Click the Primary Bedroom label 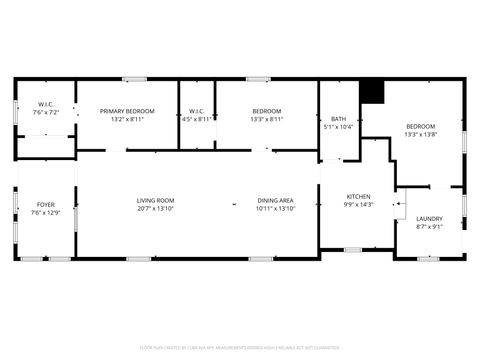pos(127,111)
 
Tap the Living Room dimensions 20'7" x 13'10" pos(155,209)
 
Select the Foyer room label pos(46,204)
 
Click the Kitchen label pos(358,196)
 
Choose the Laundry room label pos(429,218)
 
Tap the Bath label pos(339,119)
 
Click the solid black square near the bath pos(372,91)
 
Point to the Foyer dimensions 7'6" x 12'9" pos(46,212)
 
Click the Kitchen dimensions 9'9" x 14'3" pos(358,204)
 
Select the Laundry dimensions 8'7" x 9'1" pos(429,226)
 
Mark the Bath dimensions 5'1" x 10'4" pos(339,127)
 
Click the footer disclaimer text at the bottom pos(240,349)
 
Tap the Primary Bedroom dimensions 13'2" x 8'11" pos(127,119)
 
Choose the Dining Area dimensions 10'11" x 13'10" pos(275,209)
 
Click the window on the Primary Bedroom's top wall pos(134,79)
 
